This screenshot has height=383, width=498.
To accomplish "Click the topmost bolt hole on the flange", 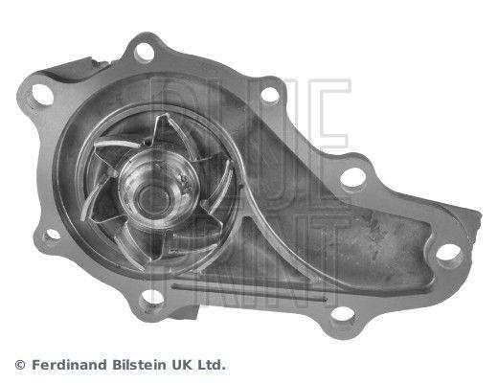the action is click(x=144, y=52).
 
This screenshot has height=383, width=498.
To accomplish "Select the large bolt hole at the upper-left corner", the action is click(x=42, y=95).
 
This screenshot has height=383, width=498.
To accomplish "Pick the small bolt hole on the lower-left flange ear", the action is click(x=53, y=235).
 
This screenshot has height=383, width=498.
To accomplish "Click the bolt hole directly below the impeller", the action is click(x=152, y=298).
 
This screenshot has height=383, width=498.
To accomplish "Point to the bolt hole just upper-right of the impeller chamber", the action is click(x=270, y=95).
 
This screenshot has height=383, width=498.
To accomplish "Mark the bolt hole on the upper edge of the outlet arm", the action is click(x=352, y=177).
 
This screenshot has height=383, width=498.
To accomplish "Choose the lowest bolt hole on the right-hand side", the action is click(x=342, y=313).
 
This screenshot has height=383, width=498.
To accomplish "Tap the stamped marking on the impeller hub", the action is click(x=185, y=185).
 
